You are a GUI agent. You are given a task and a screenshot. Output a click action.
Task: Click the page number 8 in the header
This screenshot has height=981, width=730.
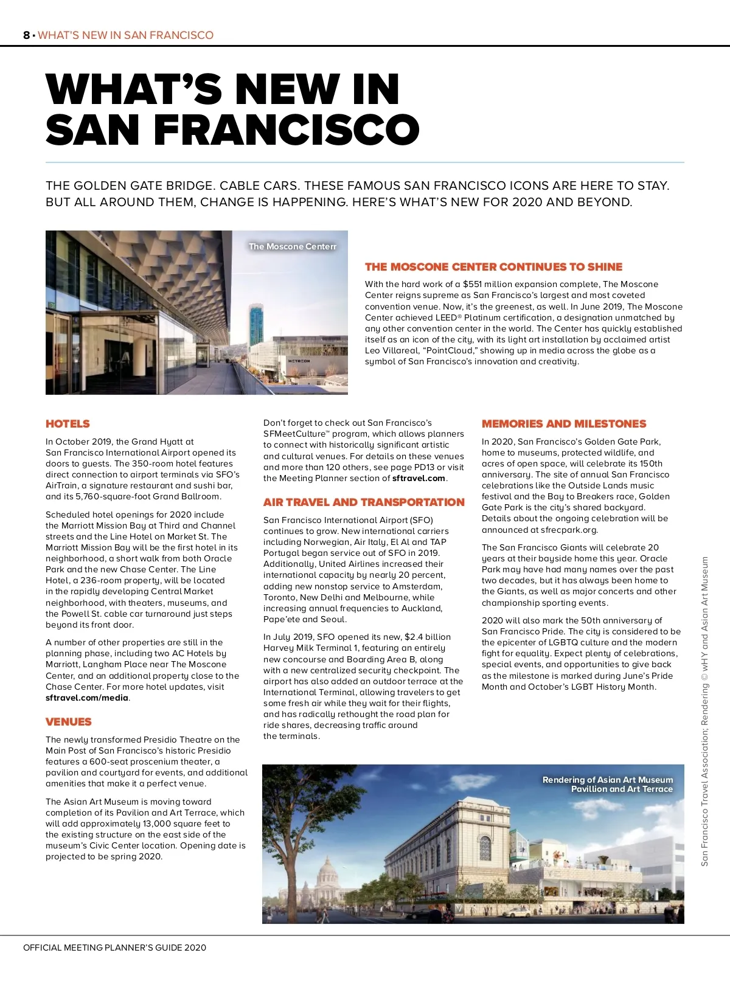pyautogui.click(x=26, y=35)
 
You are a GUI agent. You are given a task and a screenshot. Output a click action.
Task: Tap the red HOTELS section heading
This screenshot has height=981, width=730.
pyautogui.click(x=68, y=424)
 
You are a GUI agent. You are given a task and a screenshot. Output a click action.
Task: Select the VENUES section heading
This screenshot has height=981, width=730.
pyautogui.click(x=68, y=722)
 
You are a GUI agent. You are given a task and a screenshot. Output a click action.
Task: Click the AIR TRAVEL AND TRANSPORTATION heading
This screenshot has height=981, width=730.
pyautogui.click(x=364, y=502)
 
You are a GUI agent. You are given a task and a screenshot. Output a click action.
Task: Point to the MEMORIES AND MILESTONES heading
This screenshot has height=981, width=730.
pyautogui.click(x=564, y=424)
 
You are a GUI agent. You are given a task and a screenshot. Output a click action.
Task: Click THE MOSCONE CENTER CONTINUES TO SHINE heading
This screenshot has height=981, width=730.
pyautogui.click(x=493, y=267)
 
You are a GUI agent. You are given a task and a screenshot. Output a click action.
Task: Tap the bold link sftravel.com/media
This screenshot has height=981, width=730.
pyautogui.click(x=87, y=698)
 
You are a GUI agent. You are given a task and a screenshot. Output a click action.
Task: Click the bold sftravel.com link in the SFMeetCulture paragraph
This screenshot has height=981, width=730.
pyautogui.click(x=419, y=479)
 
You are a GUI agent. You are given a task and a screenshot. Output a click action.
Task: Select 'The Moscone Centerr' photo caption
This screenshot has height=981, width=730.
pyautogui.click(x=292, y=247)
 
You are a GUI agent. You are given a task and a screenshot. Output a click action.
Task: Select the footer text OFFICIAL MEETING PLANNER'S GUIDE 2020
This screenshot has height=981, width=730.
pyautogui.click(x=114, y=948)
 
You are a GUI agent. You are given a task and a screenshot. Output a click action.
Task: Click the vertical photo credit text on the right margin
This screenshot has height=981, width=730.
pyautogui.click(x=705, y=712)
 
